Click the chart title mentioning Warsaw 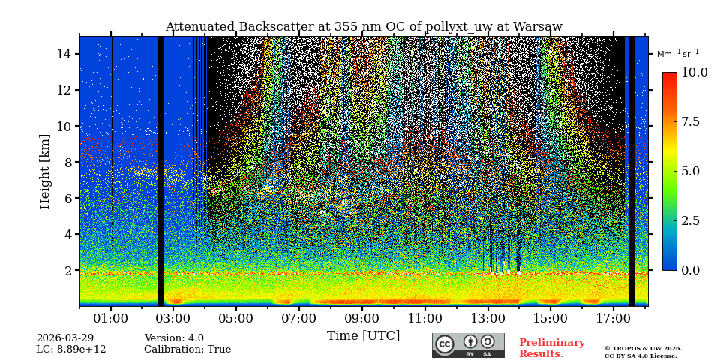tap(364, 27)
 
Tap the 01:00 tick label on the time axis tap(111, 319)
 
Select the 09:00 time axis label tap(361, 319)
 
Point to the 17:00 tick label tap(613, 319)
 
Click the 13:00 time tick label tap(487, 319)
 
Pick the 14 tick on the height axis tap(64, 54)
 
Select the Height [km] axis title tap(46, 172)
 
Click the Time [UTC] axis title tap(364, 336)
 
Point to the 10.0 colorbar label tap(694, 73)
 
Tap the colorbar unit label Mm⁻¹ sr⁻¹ tap(678, 54)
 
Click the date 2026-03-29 tap(65, 338)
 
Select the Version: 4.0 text tap(174, 338)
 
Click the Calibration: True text tap(187, 349)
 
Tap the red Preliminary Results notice tap(551, 348)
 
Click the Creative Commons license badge tap(468, 345)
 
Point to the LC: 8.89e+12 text tap(71, 349)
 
